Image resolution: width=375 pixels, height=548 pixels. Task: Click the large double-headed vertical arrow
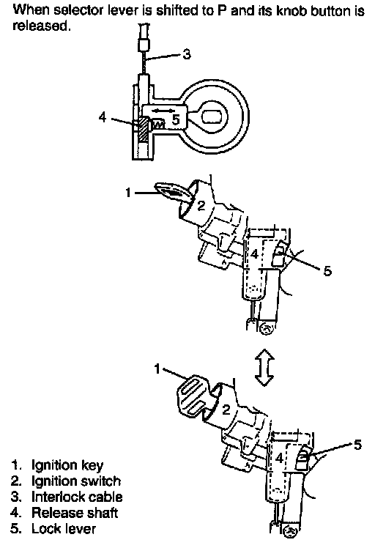tap(264, 366)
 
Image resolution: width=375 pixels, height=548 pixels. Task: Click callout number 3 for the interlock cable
tap(187, 54)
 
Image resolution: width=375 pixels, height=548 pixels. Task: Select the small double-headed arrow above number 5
tap(163, 111)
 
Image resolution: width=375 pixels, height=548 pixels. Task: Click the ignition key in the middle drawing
tap(172, 192)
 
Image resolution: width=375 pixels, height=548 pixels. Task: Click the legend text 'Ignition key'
tap(67, 465)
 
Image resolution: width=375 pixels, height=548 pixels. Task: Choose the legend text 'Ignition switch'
tap(76, 481)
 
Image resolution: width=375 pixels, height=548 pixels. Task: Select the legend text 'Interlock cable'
tap(77, 497)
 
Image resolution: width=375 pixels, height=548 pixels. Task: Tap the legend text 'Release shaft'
tap(75, 513)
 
